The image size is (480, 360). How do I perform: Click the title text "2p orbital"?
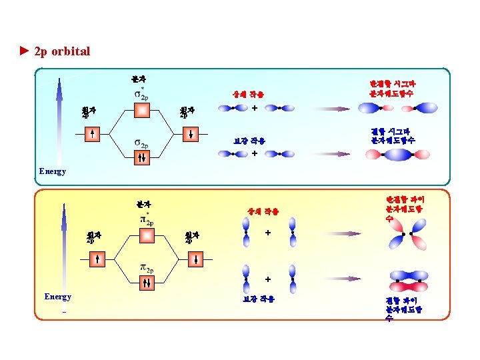click(x=61, y=51)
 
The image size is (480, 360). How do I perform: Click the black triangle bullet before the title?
click(x=25, y=51)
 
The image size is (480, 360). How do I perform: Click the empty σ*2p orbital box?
click(x=142, y=110)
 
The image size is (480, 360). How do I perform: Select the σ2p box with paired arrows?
click(x=142, y=158)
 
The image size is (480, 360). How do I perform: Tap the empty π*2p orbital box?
click(x=147, y=235)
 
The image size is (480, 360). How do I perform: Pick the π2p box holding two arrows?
click(x=147, y=283)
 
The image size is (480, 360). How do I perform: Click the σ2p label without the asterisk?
click(x=141, y=143)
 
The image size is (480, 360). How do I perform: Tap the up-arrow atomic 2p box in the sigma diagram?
click(x=94, y=134)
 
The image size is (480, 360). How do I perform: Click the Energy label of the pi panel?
click(x=57, y=297)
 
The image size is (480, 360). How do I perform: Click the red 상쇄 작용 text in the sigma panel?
click(x=248, y=95)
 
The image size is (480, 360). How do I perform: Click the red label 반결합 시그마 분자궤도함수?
click(x=393, y=88)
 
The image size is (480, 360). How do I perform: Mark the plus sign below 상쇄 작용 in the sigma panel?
click(x=255, y=108)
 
